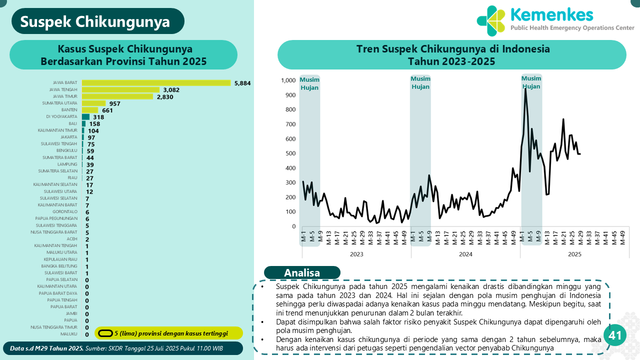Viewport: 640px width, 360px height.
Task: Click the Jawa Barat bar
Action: pyautogui.click(x=156, y=83)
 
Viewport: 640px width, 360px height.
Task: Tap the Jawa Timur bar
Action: pyautogui.click(x=117, y=96)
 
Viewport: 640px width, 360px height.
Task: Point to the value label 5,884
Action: pyautogui.click(x=242, y=83)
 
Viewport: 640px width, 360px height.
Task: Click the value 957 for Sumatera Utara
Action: pyautogui.click(x=115, y=103)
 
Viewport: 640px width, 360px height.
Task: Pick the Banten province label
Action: pyautogui.click(x=69, y=110)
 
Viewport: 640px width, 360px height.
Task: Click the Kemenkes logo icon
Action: pyautogui.click(x=491, y=20)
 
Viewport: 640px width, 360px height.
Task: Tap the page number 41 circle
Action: pyautogui.click(x=615, y=335)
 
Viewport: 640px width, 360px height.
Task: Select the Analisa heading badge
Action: pyautogui.click(x=302, y=272)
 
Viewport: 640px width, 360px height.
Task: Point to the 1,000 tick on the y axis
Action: pyautogui.click(x=288, y=80)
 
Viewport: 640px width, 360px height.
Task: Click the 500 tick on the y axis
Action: pyautogui.click(x=290, y=153)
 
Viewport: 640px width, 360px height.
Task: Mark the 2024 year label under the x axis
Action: pyautogui.click(x=465, y=254)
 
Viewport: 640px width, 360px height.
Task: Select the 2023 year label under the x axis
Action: pyautogui.click(x=356, y=254)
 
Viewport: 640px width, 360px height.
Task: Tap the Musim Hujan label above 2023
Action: pyautogui.click(x=309, y=83)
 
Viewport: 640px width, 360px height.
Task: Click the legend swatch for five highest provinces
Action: pyautogui.click(x=104, y=333)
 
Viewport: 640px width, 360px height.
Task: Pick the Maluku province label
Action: pyautogui.click(x=69, y=334)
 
